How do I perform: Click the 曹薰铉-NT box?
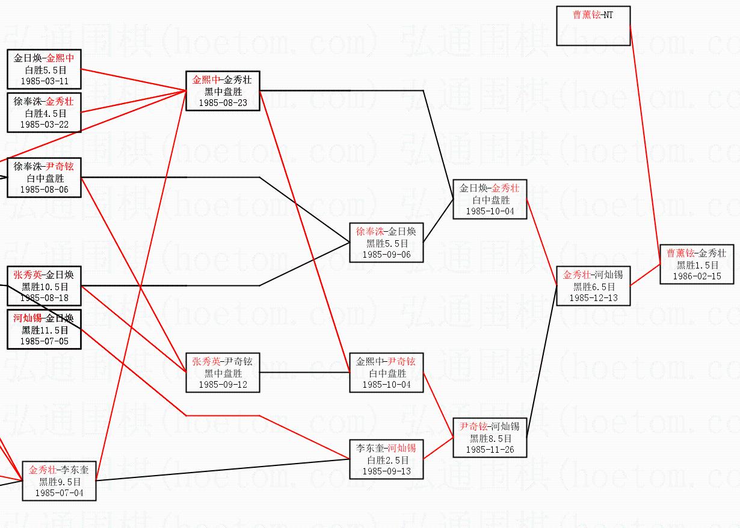tap(593, 25)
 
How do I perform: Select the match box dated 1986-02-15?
tap(697, 264)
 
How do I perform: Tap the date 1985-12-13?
tap(593, 298)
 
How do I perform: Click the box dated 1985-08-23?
tap(222, 91)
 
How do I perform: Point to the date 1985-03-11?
tap(45, 81)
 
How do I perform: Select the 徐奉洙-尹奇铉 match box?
tap(44, 178)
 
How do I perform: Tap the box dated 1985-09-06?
tap(386, 243)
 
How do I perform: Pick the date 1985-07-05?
tap(45, 341)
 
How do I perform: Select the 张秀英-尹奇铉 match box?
tap(222, 373)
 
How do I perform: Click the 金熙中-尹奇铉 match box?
tap(386, 373)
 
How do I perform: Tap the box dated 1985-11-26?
tap(490, 438)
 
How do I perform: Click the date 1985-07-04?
tap(59, 493)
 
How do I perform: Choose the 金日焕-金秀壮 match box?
tap(490, 199)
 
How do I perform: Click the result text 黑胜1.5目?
tap(697, 265)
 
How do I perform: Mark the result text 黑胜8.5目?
tap(490, 438)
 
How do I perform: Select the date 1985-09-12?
tap(223, 384)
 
